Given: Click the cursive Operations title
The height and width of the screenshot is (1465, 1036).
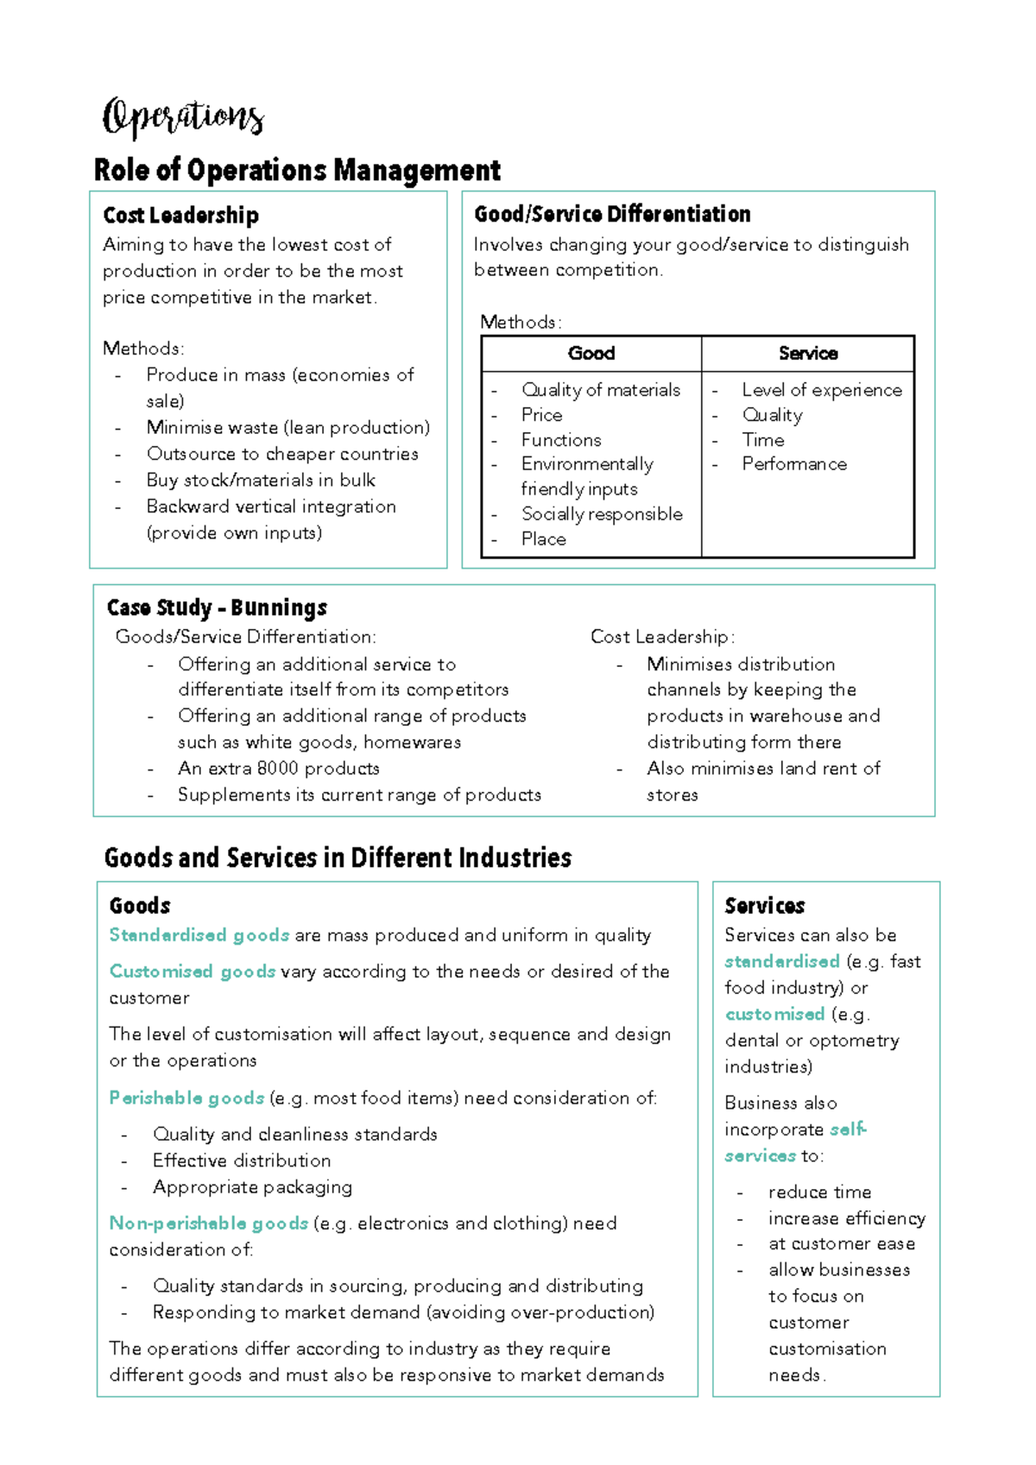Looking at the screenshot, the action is click(x=183, y=117).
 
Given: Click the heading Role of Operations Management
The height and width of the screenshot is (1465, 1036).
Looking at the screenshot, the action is click(x=297, y=170).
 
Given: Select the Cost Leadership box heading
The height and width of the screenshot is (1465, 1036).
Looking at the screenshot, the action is click(x=180, y=215).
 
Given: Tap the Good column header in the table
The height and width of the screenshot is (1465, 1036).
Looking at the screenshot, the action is click(x=591, y=353).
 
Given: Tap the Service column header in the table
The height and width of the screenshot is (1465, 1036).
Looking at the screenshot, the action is click(x=808, y=353).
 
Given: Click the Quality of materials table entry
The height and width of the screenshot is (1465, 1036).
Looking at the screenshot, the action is click(x=601, y=390).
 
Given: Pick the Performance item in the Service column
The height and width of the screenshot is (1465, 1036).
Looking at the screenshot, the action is click(x=794, y=464).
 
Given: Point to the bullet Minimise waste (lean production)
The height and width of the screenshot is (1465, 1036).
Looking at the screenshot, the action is click(x=287, y=427).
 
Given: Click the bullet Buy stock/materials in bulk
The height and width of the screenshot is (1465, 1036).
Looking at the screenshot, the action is click(x=261, y=480).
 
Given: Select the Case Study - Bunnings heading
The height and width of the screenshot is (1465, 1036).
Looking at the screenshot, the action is click(x=217, y=607).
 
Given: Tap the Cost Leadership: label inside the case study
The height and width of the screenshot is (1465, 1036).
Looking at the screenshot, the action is click(x=662, y=637).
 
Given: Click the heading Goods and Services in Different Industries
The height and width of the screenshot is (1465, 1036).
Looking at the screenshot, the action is click(x=338, y=858).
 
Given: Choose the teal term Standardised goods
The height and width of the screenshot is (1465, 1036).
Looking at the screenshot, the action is click(x=199, y=935).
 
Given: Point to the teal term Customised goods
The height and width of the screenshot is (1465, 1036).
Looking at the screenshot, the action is click(x=193, y=971).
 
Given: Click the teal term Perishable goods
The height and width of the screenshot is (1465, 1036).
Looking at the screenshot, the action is click(x=186, y=1098).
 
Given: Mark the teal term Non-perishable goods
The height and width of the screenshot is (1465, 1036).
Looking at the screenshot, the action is click(x=209, y=1223).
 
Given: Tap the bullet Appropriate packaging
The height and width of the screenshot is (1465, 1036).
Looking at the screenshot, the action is click(x=252, y=1187).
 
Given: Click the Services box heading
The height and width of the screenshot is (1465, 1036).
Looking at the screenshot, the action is click(x=765, y=906).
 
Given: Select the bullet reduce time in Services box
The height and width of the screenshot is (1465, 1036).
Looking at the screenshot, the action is click(x=819, y=1192).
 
